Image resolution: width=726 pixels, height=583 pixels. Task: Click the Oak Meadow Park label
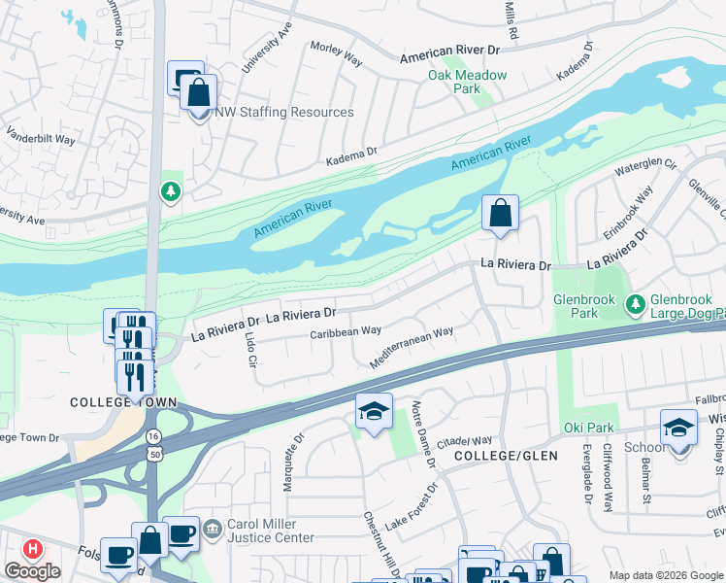point(454,82)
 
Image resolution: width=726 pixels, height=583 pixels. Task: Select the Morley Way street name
point(336,52)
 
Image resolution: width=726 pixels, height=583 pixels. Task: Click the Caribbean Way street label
point(345,332)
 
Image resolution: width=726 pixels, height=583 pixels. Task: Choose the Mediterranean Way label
point(412,347)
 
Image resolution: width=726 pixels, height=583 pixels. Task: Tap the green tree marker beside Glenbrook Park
point(636,306)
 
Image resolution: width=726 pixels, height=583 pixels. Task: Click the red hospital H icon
point(32,549)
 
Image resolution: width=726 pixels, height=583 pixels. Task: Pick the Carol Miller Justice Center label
point(271,531)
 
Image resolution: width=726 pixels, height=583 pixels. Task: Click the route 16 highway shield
point(153,438)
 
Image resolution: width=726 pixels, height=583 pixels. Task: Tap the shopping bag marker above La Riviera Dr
point(500,213)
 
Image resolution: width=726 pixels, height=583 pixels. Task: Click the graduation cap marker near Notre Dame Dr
point(374,411)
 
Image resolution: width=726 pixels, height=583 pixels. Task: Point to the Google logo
point(33,572)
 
